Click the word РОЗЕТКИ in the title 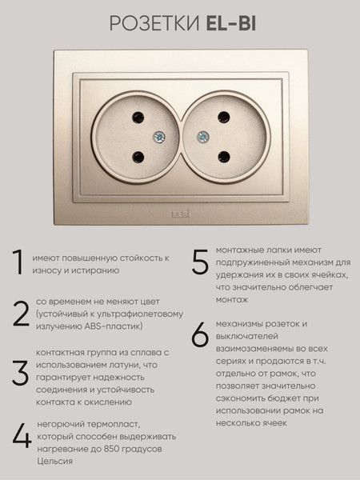point(154,23)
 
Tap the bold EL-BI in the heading point(231,23)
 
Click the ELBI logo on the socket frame point(181,214)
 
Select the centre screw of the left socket point(159,137)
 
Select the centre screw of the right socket point(203,137)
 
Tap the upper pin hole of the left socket point(138,118)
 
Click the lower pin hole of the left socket point(138,157)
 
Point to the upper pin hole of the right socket point(224,118)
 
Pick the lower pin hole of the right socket point(224,157)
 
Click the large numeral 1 point(18,262)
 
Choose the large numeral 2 point(21,314)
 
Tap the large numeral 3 point(21,373)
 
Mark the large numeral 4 point(22,437)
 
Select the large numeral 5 point(200,261)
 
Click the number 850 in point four point(112,449)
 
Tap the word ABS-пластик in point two point(114,326)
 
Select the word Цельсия point(54,462)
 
